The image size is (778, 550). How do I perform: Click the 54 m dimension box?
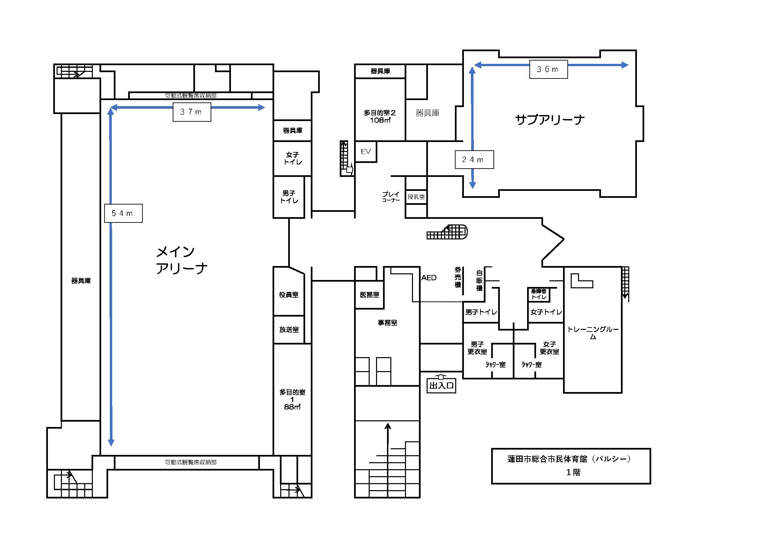point(123,213)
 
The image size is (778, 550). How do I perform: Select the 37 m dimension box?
point(192,112)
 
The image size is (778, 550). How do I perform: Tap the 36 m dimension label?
point(549,69)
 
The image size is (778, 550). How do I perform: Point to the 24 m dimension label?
point(474,160)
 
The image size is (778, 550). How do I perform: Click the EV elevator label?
point(366,151)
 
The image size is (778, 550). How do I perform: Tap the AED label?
point(429,278)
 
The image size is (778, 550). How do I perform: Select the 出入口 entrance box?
point(441,385)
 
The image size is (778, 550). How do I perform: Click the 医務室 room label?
point(369,295)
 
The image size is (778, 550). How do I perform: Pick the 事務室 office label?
point(388,323)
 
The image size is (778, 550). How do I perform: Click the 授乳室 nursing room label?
point(416,197)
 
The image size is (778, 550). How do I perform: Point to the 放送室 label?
point(289,330)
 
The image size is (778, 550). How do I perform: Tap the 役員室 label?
point(289,295)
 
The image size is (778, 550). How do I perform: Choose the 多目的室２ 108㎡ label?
point(380,116)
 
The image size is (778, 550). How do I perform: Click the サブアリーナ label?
point(550,120)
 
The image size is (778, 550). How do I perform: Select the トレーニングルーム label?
point(593,333)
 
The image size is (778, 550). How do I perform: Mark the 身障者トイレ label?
point(539,294)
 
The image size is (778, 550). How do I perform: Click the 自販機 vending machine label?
point(479,280)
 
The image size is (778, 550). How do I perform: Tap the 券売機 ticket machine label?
point(458,277)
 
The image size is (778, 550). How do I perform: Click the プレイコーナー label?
point(391,197)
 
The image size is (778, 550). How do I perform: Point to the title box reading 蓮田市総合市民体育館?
point(571,466)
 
